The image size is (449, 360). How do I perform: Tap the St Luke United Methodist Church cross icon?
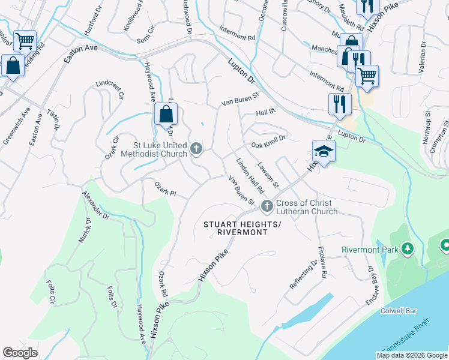coord(196,148)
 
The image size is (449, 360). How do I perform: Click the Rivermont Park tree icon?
coord(408,248)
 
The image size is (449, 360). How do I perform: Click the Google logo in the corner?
coord(20,353)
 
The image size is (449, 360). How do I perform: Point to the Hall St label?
coord(265,111)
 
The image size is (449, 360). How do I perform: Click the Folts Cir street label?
coord(51,290)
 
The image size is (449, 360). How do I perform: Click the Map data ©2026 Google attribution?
coord(412,355)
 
